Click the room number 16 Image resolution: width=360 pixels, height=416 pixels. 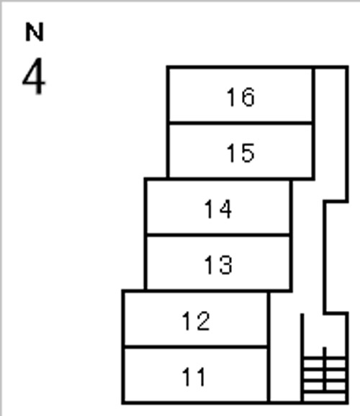coord(240,97)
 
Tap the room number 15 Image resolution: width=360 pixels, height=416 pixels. coord(240,153)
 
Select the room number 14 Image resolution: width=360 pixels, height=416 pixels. coord(218,209)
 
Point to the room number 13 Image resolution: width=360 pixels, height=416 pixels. coord(218,265)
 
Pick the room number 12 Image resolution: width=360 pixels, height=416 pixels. coord(196,321)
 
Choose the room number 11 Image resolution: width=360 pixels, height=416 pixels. coord(194,376)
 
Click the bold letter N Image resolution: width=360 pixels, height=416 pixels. coord(35,32)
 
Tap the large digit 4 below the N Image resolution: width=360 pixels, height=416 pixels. coord(34,76)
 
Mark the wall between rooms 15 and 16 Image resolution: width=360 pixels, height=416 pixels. coord(240,123)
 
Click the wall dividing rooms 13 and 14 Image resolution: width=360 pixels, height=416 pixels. coord(218,235)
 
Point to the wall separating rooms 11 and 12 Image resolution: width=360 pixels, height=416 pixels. coord(196,346)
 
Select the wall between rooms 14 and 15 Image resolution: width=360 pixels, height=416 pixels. coord(230,179)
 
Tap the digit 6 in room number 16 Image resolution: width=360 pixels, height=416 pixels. coord(248,97)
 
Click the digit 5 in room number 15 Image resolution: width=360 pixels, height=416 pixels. coord(248,153)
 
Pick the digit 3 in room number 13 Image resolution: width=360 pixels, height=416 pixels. coord(225,265)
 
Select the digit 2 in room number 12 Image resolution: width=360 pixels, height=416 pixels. coord(203,321)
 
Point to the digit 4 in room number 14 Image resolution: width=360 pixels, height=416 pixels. coord(225,209)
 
